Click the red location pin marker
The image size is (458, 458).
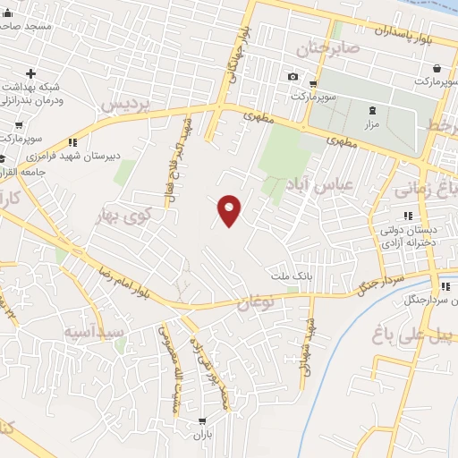[230, 209]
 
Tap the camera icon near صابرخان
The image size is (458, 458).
[293, 76]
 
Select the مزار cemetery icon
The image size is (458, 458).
[372, 111]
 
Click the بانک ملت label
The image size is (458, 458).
[292, 277]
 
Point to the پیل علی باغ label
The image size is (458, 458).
[412, 333]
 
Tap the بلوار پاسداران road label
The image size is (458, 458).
[385, 31]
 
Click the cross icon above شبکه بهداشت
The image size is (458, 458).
[31, 72]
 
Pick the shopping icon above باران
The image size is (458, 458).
[203, 420]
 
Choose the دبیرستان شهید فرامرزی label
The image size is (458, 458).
[98, 154]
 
